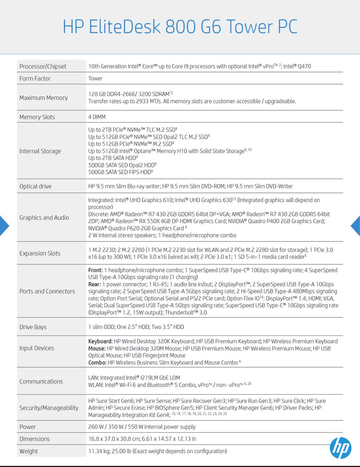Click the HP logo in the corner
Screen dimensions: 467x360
340,448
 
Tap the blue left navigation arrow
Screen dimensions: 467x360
4,226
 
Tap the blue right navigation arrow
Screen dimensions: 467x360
356,226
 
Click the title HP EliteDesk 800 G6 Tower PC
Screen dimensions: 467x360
180,27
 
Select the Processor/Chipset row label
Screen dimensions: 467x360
43,66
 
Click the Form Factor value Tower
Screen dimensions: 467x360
95,79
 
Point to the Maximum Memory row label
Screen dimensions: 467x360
44,98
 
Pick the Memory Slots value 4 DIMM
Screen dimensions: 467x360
97,117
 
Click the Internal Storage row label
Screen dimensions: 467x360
40,151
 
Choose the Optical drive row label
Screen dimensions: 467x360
35,186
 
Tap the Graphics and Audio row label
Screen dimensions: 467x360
44,218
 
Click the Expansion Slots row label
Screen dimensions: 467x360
40,253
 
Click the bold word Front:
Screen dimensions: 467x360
95,270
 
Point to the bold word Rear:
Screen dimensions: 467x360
95,284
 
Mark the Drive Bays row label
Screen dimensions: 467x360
33,327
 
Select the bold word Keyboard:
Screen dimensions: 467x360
100,341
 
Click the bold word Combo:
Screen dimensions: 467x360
97,363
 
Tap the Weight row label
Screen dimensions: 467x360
28,451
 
